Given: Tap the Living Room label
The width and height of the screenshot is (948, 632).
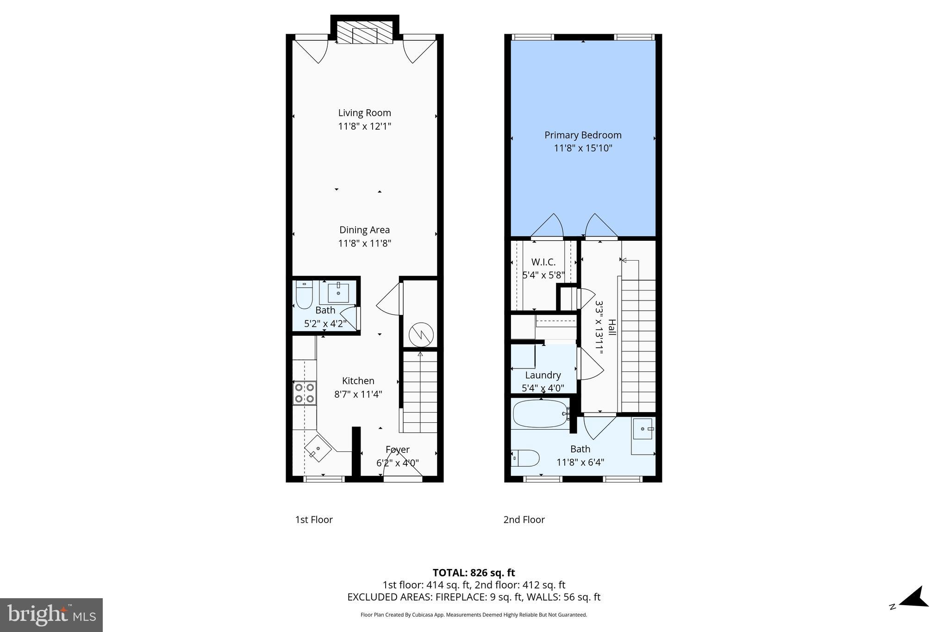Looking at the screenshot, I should click(364, 113).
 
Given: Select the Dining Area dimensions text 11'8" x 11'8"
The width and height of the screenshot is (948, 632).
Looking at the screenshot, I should click(364, 243).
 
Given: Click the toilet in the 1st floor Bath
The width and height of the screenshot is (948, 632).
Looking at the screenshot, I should click(304, 295).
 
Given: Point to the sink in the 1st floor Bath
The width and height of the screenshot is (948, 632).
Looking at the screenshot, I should click(338, 292).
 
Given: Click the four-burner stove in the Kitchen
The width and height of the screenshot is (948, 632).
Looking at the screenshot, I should click(305, 393).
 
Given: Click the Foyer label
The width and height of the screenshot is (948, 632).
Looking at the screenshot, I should click(397, 450).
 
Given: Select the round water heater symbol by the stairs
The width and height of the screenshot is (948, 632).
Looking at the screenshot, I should click(421, 334).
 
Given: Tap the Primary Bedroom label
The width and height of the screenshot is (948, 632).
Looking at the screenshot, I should click(583, 135).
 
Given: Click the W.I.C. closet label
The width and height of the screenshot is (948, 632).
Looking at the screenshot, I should click(543, 262).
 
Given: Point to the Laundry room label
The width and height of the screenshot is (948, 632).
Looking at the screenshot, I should click(543, 375).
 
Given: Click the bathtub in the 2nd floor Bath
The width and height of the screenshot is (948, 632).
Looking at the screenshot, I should click(540, 413).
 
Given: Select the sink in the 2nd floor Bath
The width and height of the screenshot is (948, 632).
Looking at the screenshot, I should click(642, 429).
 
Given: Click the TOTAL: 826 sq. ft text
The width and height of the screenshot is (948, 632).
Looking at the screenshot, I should click(474, 573).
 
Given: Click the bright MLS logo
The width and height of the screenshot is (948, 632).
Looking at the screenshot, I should click(51, 615).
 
